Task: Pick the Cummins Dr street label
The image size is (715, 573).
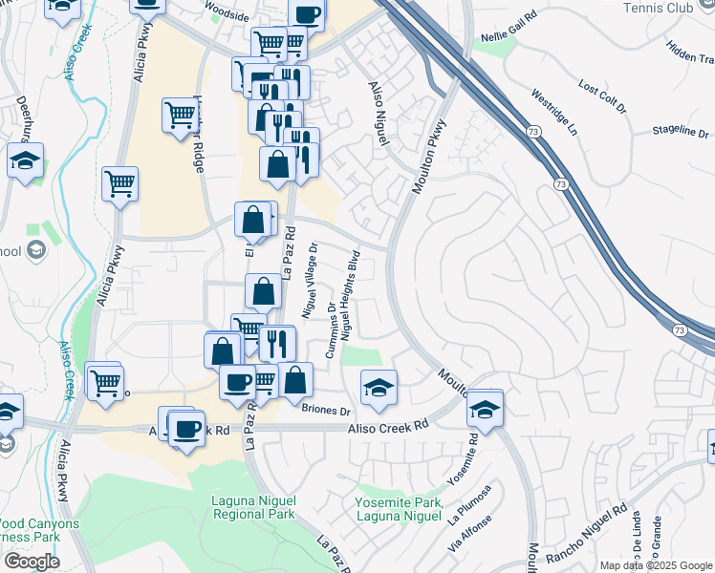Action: pyautogui.click(x=331, y=331)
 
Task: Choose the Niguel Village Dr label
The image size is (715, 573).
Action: pyautogui.click(x=309, y=279)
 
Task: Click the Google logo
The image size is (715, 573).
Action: pyautogui.click(x=32, y=562)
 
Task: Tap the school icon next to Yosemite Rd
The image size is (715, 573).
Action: pyautogui.click(x=485, y=408)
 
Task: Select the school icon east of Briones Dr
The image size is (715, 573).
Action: pyautogui.click(x=379, y=388)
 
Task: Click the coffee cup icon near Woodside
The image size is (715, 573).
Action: pyautogui.click(x=306, y=15)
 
